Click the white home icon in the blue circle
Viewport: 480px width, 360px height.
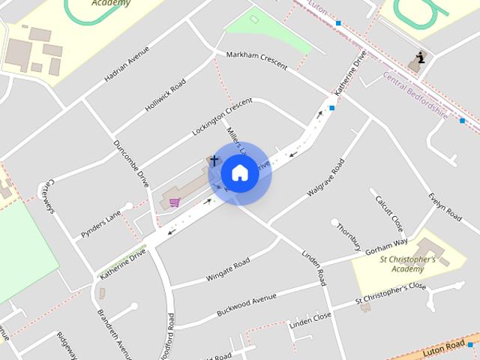pos(239,172)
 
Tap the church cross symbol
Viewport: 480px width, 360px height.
pos(214,160)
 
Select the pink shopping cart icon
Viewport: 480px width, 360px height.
pos(175,201)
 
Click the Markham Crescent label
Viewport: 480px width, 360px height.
pos(251,61)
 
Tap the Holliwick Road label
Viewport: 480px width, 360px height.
pos(165,96)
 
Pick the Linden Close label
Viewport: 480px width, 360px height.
pos(310,319)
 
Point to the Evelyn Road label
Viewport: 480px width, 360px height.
pos(445,205)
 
